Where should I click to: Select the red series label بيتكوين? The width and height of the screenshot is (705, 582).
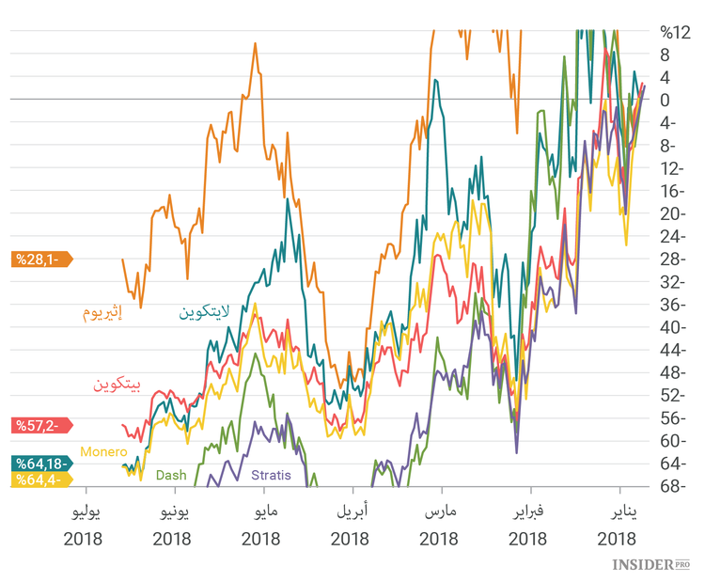[117, 384]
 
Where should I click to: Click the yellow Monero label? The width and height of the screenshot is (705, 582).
[103, 452]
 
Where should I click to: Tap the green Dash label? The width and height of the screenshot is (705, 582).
[170, 476]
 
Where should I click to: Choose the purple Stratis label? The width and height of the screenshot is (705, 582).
[271, 476]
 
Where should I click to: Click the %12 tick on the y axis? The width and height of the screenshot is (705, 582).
[675, 33]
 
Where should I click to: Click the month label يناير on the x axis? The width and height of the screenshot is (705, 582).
[618, 513]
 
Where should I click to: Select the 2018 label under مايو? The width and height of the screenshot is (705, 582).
[260, 540]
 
